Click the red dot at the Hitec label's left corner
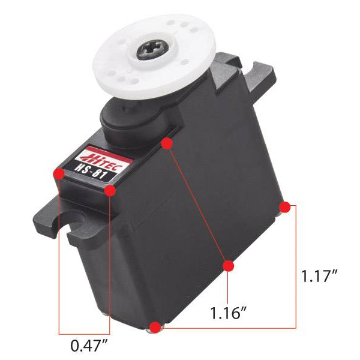pos(59,174)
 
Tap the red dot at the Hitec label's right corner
pos(110,190)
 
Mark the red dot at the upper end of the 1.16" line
pos(167,143)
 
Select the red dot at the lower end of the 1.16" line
pos(228,266)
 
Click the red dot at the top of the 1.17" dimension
pos(285,207)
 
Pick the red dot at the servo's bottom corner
pos(155,327)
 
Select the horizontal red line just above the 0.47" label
pos(84,332)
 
